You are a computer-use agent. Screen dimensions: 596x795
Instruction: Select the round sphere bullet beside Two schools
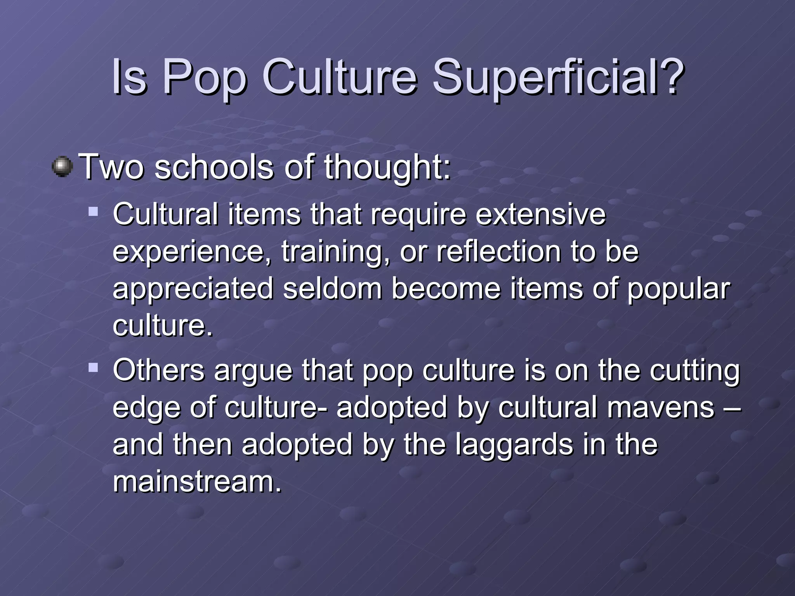pos(62,167)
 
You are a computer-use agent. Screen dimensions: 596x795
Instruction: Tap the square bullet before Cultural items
pos(93,211)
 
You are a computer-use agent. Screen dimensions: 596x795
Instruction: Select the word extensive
pos(540,214)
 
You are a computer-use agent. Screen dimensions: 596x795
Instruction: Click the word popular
pos(679,289)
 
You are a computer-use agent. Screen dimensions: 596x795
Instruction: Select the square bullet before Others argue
pos(93,367)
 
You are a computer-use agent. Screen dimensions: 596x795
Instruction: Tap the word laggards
pos(514,445)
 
